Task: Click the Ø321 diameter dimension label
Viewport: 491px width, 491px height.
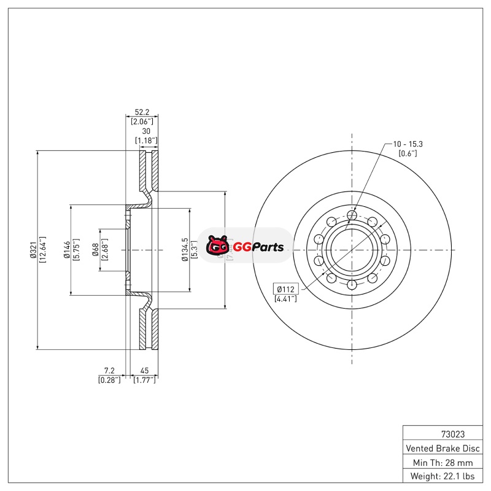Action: click(34, 250)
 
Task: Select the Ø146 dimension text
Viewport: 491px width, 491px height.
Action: click(67, 250)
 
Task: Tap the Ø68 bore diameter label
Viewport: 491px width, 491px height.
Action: click(96, 250)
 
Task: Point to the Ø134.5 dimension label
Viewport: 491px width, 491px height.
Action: click(185, 250)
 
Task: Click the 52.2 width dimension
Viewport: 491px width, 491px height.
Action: click(142, 112)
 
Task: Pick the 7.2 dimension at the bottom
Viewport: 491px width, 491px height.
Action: click(109, 371)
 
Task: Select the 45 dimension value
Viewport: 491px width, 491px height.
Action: click(144, 371)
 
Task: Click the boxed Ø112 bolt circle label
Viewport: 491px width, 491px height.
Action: click(286, 289)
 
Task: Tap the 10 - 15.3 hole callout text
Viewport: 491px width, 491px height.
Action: click(408, 144)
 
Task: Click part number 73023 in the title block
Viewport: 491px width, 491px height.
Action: click(453, 435)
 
